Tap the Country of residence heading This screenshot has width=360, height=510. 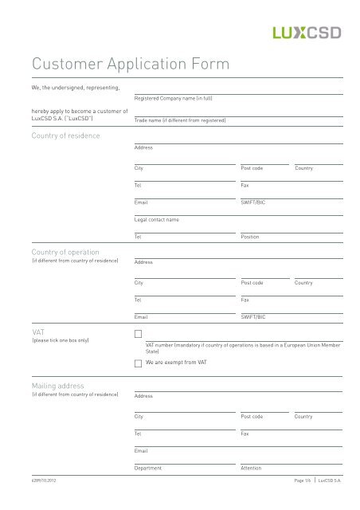[x=65, y=136]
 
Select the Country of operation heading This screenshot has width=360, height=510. [x=65, y=252]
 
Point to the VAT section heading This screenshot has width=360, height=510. [x=37, y=331]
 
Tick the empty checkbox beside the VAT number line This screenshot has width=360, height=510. [x=139, y=335]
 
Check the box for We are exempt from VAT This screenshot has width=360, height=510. [x=139, y=363]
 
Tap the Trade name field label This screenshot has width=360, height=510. [x=180, y=120]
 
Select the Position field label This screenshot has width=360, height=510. [x=250, y=237]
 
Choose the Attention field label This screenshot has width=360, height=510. [x=251, y=468]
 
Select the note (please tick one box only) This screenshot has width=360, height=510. [x=60, y=340]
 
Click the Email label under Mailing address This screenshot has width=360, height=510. [x=142, y=451]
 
